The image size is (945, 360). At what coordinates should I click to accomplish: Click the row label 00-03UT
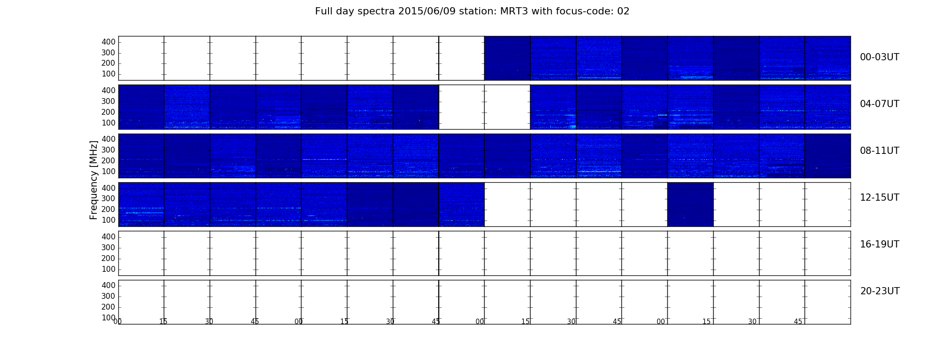[879, 57]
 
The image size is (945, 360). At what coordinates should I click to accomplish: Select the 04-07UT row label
[879, 104]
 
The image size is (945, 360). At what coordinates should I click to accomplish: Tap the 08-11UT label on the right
[879, 151]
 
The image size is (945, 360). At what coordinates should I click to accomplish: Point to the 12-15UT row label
[879, 198]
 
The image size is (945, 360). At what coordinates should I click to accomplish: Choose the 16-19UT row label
[879, 244]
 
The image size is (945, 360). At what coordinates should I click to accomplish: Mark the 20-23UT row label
[880, 291]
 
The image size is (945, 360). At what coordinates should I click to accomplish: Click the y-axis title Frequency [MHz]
[94, 180]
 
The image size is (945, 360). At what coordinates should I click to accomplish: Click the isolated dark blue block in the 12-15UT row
[690, 204]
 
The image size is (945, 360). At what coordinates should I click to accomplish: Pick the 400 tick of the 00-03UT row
[108, 42]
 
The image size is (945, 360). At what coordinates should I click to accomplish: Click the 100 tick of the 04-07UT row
[108, 123]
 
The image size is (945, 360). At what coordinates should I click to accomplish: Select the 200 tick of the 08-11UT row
[108, 161]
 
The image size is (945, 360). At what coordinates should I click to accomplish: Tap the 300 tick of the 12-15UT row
[108, 198]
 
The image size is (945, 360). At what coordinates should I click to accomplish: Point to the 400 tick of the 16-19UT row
[108, 237]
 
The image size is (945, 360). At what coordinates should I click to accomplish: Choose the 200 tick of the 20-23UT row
[108, 307]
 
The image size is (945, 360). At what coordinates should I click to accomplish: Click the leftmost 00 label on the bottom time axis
[117, 321]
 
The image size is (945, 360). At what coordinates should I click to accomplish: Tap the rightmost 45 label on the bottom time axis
[798, 321]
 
